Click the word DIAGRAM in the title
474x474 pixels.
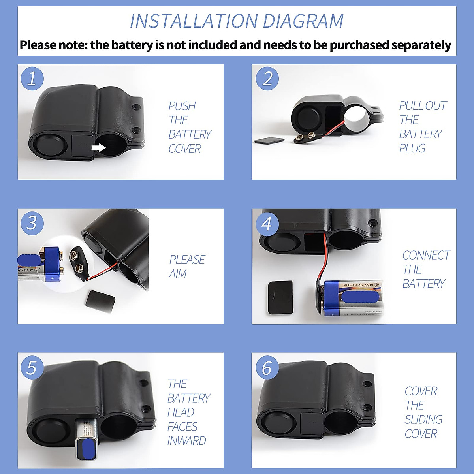(x=303, y=21)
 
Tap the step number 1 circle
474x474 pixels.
(x=32, y=78)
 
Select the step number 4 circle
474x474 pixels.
(x=267, y=224)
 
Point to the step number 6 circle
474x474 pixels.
(x=267, y=367)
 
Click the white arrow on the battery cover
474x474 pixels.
(x=98, y=148)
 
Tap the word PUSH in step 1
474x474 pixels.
(x=182, y=106)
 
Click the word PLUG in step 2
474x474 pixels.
(x=412, y=149)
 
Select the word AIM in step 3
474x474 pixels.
(x=177, y=274)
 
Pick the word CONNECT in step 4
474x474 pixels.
(x=426, y=256)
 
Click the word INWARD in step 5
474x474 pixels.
(x=186, y=441)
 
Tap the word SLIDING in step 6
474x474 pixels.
(x=423, y=419)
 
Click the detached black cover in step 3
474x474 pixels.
(x=100, y=299)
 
